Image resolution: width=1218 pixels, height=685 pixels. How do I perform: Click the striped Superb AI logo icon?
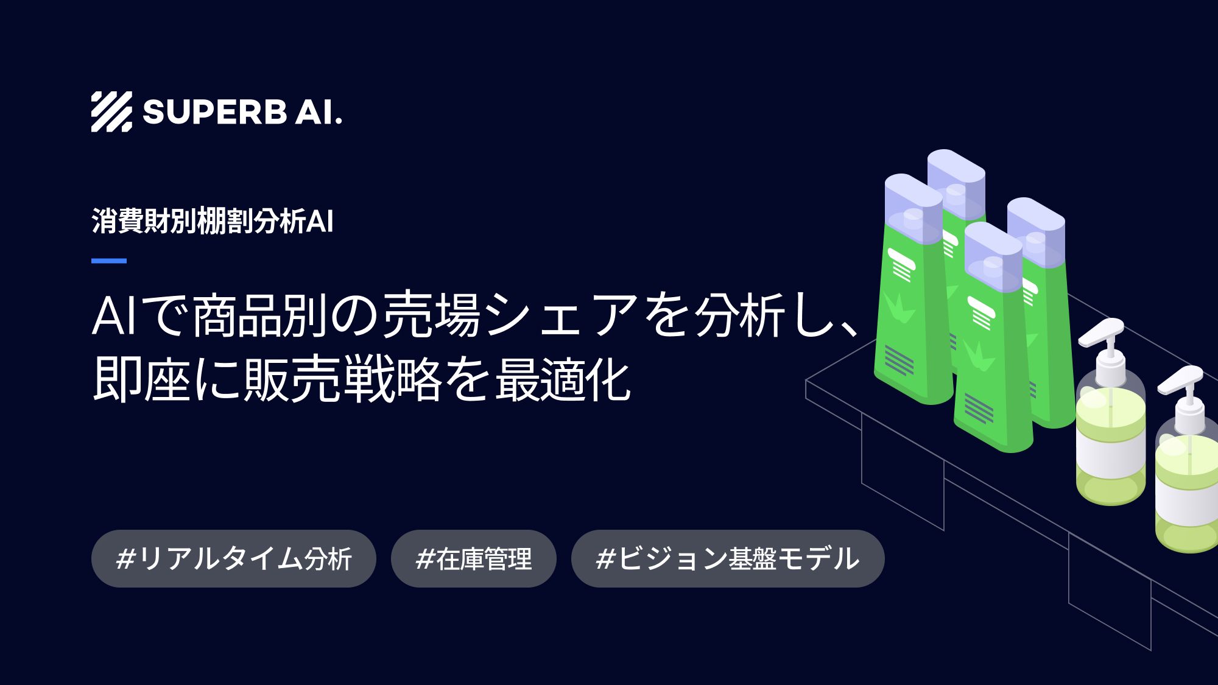(111, 112)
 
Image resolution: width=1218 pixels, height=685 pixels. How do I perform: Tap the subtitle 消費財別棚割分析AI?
(213, 221)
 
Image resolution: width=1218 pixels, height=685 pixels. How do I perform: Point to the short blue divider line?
(109, 261)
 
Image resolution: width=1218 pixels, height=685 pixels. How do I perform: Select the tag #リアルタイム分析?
(233, 559)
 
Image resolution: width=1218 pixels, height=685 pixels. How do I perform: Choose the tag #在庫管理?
(473, 559)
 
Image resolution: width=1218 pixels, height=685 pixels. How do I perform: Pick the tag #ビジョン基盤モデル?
(727, 559)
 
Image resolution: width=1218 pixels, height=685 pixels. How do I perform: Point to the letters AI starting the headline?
(114, 317)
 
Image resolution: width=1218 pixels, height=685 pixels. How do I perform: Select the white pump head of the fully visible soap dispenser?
(1102, 332)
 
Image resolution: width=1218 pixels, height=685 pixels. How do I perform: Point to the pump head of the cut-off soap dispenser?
(1181, 381)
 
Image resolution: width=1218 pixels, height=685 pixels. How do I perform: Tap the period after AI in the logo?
(339, 122)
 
